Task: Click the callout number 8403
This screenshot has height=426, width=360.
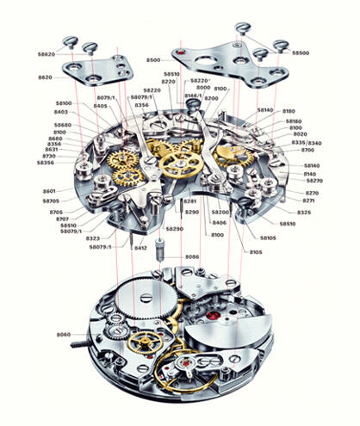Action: click(x=61, y=112)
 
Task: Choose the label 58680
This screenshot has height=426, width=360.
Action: click(x=61, y=125)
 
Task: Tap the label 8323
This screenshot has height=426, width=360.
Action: click(x=92, y=238)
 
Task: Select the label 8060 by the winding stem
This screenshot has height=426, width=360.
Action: click(x=63, y=334)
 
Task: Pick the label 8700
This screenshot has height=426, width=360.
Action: click(x=307, y=151)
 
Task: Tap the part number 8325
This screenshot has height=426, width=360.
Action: click(x=304, y=212)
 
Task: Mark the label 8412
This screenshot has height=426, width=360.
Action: click(x=140, y=248)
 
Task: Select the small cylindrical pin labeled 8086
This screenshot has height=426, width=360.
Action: click(x=161, y=255)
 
